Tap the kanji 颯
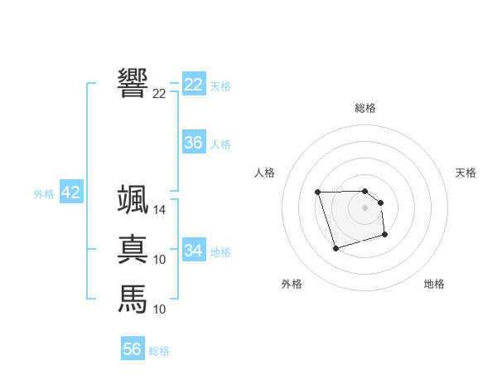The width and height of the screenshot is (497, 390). click(x=133, y=199)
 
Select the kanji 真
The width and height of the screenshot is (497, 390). click(x=133, y=249)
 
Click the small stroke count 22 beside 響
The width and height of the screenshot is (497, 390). click(x=159, y=94)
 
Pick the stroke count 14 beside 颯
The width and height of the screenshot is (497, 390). click(x=160, y=210)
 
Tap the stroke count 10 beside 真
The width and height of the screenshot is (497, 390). click(x=160, y=260)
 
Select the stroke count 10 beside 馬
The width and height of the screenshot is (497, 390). click(x=160, y=310)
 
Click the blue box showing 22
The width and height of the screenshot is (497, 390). click(x=194, y=85)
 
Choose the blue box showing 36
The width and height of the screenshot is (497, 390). click(x=194, y=143)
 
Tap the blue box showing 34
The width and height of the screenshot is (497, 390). click(x=194, y=250)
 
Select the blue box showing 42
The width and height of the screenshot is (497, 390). click(x=70, y=193)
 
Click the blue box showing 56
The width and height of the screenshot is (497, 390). click(x=133, y=349)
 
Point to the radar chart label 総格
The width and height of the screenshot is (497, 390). click(x=364, y=108)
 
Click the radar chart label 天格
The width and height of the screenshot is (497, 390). click(x=466, y=173)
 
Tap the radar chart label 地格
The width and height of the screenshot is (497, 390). click(x=434, y=284)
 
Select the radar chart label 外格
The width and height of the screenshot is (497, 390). click(x=292, y=284)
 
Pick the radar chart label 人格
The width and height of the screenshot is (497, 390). click(x=264, y=173)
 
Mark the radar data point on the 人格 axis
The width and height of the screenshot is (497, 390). click(x=317, y=193)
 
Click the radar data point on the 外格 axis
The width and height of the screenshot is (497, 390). click(x=335, y=248)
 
